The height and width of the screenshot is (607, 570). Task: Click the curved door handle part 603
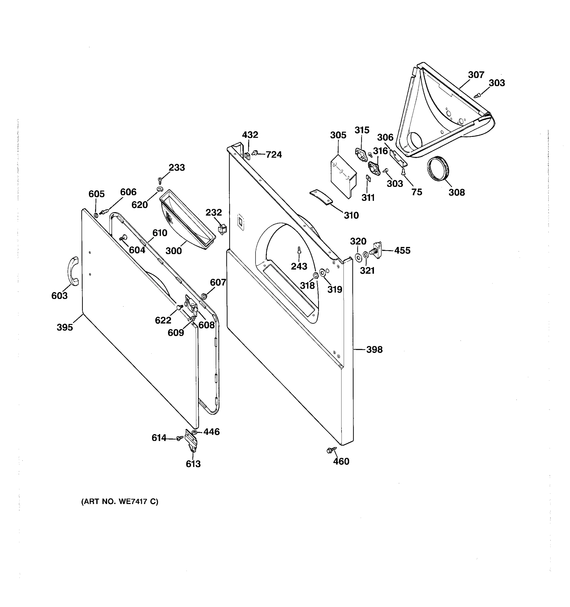pos(73,271)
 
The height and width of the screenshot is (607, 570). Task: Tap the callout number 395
pos(65,328)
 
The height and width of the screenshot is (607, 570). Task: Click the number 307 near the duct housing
pos(476,75)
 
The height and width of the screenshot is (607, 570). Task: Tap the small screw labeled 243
pos(299,250)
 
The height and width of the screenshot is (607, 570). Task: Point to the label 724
pos(274,155)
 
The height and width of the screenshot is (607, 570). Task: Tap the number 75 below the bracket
pos(416,192)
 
